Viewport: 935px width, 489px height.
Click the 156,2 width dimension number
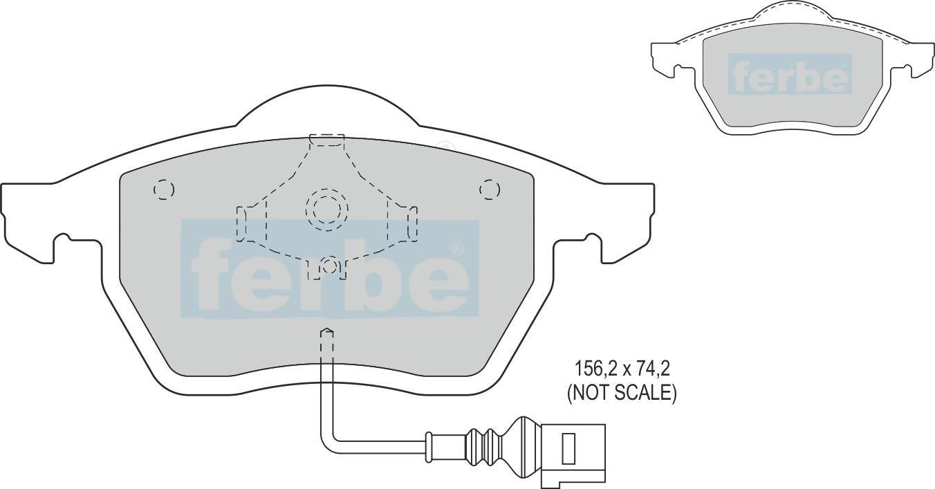[593, 369]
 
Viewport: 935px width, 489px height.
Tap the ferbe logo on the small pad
[790, 73]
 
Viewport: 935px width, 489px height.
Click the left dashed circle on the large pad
[164, 190]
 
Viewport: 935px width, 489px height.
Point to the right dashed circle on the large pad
[490, 190]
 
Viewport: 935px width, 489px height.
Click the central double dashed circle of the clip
[327, 209]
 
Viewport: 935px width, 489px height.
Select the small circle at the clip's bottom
[329, 266]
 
